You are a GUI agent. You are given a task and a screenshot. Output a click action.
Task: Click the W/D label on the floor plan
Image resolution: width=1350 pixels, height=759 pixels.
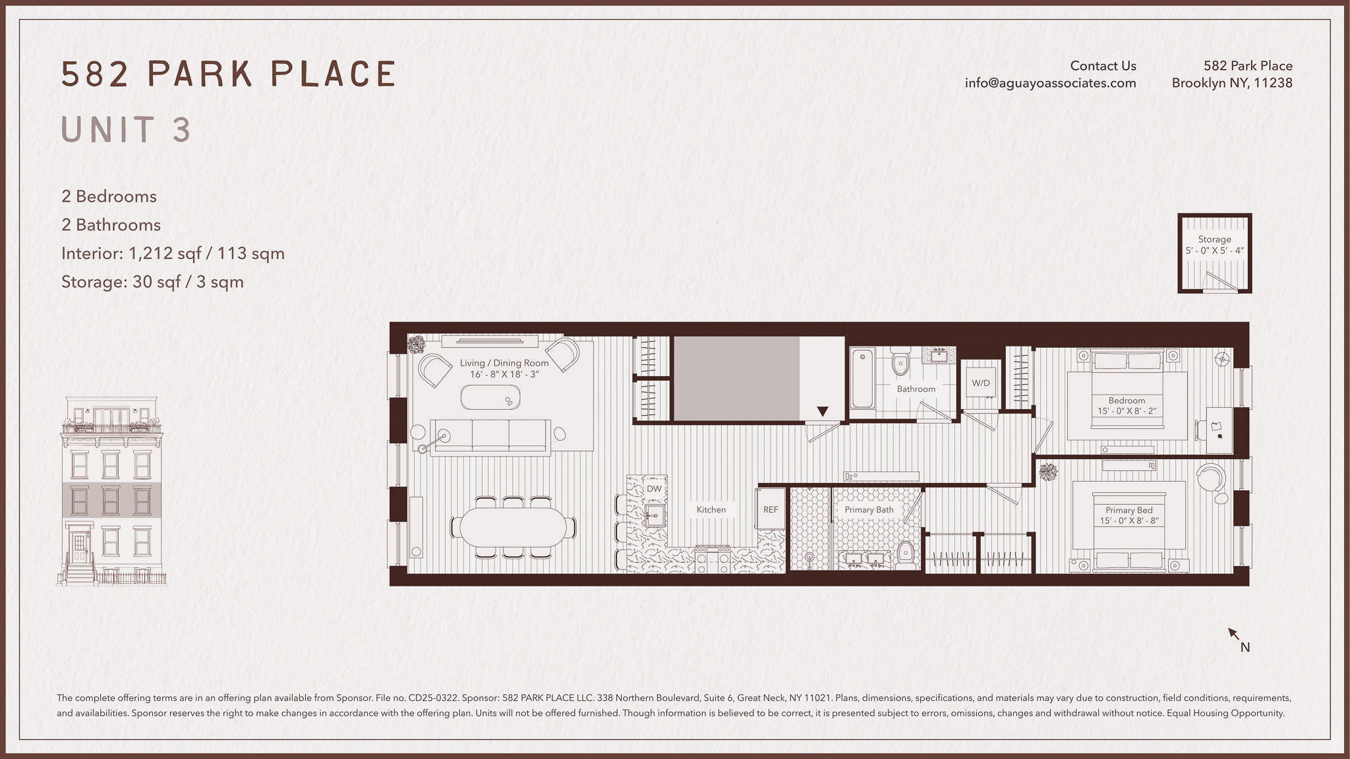(x=981, y=383)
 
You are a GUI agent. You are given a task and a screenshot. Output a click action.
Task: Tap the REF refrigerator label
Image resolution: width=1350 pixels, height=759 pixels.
(x=771, y=509)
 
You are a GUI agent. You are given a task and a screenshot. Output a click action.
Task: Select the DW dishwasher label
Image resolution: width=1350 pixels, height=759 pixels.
(x=654, y=489)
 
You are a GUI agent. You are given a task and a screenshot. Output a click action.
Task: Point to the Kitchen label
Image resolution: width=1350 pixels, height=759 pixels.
(x=711, y=509)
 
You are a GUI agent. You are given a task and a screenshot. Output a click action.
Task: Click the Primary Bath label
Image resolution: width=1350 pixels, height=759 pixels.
(x=869, y=509)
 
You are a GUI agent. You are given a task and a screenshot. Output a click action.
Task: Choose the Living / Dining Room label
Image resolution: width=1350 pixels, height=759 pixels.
(x=504, y=363)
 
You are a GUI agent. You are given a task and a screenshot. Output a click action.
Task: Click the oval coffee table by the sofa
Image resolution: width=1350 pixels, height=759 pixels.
(x=490, y=397)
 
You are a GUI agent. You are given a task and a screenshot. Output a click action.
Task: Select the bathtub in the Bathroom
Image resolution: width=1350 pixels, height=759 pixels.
(x=862, y=379)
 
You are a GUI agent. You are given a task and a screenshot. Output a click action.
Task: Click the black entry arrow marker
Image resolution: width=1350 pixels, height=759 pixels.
(x=822, y=412)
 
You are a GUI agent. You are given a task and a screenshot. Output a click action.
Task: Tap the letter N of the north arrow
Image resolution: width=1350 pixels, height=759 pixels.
(x=1245, y=647)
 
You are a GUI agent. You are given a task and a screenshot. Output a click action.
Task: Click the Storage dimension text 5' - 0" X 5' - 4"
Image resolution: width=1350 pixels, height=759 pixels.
(x=1215, y=250)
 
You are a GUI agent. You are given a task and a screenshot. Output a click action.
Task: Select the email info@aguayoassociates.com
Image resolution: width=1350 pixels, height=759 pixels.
(x=1051, y=83)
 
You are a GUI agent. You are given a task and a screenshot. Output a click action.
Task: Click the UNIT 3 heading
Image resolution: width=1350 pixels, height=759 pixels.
(x=127, y=130)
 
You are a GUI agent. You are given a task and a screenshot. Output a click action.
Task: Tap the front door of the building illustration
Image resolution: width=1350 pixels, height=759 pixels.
(x=80, y=546)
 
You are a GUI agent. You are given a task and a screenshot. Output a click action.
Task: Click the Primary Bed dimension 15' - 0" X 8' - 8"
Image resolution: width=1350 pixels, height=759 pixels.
(x=1129, y=520)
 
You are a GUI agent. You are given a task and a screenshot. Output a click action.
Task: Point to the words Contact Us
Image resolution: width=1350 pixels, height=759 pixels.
(x=1103, y=66)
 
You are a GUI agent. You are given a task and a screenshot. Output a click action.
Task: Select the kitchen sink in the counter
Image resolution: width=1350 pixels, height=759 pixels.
(x=655, y=515)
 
